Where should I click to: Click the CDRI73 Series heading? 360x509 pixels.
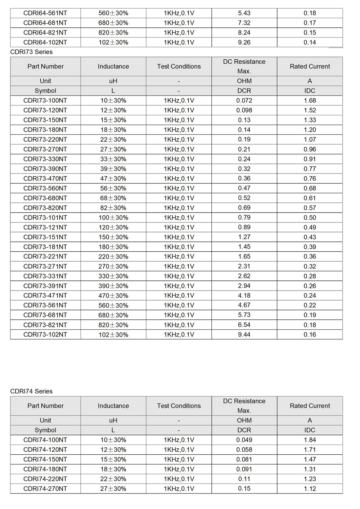(31, 52)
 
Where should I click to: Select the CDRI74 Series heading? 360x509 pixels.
(31, 391)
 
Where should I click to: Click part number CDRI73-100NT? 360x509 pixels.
(45, 100)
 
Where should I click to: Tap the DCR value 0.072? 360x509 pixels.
(244, 100)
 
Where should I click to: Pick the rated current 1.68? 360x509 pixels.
(310, 100)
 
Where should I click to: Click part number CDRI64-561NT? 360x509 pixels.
(45, 13)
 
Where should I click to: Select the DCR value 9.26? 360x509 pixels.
(244, 42)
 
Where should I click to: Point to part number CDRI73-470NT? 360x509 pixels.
(45, 179)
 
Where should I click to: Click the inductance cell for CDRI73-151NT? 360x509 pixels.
(113, 237)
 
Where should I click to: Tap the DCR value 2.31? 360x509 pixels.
(244, 266)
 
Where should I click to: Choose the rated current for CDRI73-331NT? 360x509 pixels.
(310, 276)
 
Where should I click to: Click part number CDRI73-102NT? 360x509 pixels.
(45, 334)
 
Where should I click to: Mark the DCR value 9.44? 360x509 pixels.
(244, 334)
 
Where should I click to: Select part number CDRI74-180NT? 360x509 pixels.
(45, 469)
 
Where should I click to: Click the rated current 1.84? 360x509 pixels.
(310, 440)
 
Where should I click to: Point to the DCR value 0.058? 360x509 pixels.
(244, 450)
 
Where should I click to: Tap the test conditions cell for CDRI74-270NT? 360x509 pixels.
(179, 488)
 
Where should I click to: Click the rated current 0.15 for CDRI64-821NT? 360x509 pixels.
(310, 32)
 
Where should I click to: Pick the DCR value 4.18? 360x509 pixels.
(244, 296)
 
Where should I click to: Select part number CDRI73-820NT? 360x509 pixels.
(45, 208)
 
